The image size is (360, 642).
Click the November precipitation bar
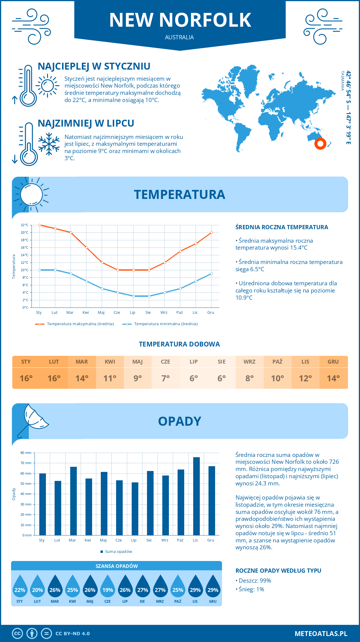click(196, 496)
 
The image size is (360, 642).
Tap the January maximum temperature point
click(40, 225)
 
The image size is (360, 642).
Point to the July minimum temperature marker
click(133, 296)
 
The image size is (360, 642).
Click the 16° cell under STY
click(26, 378)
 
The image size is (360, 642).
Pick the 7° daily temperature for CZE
click(166, 378)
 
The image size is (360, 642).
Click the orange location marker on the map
click(320, 144)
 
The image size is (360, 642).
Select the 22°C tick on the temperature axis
click(25, 225)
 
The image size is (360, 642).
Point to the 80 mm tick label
click(26, 453)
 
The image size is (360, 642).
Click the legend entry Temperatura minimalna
click(160, 324)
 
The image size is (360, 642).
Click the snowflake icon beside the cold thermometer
click(49, 144)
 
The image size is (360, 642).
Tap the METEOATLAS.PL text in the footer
click(321, 633)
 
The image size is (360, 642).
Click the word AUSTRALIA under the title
click(179, 37)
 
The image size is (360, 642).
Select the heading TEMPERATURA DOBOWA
click(179, 344)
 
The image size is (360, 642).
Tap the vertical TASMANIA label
click(342, 81)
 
